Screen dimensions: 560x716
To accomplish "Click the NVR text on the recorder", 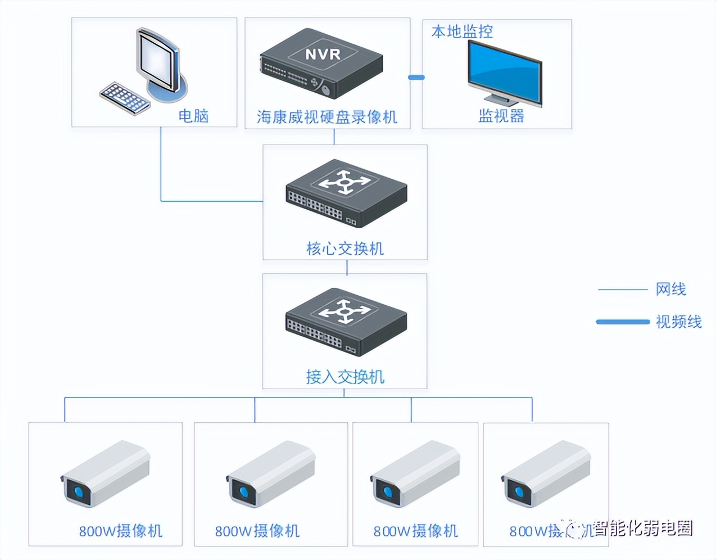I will tap(323, 55).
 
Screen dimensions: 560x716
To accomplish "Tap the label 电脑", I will tap(193, 116).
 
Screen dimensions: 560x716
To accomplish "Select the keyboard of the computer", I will tap(124, 99).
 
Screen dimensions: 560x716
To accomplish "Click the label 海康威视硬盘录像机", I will tap(327, 117).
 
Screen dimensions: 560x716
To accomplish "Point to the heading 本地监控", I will tap(462, 31).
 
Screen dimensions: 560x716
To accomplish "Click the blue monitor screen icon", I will tap(504, 72).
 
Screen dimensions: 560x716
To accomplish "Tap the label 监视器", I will tap(501, 116).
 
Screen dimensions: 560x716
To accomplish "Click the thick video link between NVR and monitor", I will tap(416, 78).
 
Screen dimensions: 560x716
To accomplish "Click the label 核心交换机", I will tap(345, 249).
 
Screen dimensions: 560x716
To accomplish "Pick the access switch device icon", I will tap(346, 321).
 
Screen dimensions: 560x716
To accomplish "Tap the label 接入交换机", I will tap(345, 377).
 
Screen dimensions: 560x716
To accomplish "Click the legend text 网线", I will tap(670, 290).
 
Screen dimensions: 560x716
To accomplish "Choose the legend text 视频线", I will tap(678, 322).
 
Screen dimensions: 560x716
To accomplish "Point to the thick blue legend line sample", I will tap(622, 322).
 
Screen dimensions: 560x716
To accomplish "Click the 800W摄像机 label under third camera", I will tap(416, 531).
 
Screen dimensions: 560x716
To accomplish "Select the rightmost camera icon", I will tap(545, 474).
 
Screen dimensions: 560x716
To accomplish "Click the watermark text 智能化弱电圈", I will tap(642, 529).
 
